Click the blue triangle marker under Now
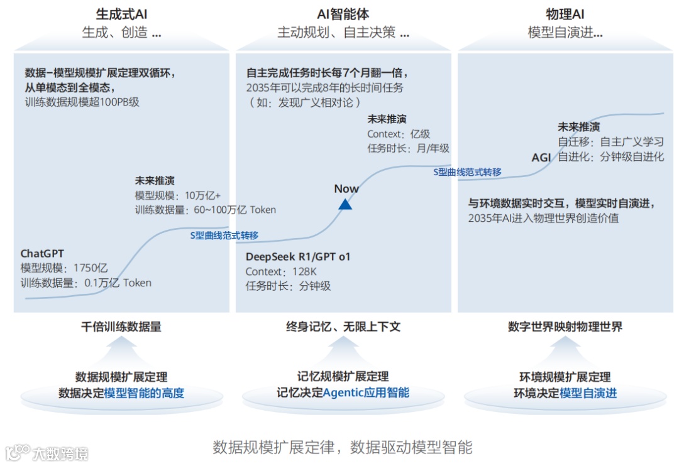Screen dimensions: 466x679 [345, 203]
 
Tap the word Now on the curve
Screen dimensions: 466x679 [346, 188]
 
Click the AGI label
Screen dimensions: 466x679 [541, 157]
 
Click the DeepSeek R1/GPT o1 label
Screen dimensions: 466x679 [297, 256]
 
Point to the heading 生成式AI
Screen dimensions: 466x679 [121, 14]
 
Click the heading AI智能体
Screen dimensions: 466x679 [343, 14]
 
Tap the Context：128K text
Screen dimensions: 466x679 [281, 271]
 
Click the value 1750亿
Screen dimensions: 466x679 [91, 268]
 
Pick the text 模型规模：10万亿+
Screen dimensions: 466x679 [177, 195]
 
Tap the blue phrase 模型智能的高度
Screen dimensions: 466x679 [144, 393]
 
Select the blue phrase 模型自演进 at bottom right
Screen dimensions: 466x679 [588, 393]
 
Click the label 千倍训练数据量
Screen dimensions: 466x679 [121, 327]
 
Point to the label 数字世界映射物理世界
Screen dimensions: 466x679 [565, 327]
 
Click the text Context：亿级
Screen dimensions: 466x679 [399, 134]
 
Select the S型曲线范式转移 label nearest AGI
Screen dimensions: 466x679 [468, 171]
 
